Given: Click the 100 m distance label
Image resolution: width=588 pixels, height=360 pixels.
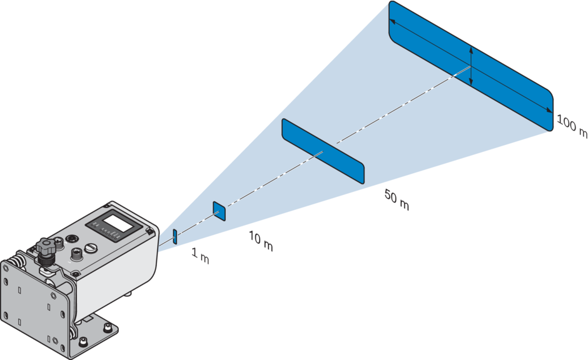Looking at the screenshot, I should [572, 127].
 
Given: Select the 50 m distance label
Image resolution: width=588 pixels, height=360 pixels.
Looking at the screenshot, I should [397, 200].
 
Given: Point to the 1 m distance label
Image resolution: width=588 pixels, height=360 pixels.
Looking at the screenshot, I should [200, 256].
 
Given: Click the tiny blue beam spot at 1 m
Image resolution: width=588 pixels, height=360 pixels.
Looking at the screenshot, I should [175, 236].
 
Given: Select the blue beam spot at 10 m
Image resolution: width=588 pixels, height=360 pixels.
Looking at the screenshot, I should [219, 210].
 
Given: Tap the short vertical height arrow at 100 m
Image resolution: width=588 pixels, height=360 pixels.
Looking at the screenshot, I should [471, 67].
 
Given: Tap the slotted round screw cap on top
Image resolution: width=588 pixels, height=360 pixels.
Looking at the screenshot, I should [92, 248].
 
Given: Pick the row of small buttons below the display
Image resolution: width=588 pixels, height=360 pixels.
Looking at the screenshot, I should [110, 236].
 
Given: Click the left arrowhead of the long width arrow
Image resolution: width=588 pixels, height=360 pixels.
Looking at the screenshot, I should [392, 22].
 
